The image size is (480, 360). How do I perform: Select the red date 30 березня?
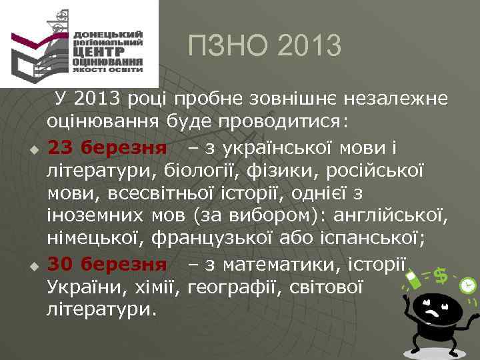coord(107,265)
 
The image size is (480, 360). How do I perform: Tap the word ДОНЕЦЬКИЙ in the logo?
coord(109,33)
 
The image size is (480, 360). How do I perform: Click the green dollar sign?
coord(440,273)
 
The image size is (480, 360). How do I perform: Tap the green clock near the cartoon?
coord(468,285)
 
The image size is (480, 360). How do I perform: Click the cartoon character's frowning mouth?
coord(433,312)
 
